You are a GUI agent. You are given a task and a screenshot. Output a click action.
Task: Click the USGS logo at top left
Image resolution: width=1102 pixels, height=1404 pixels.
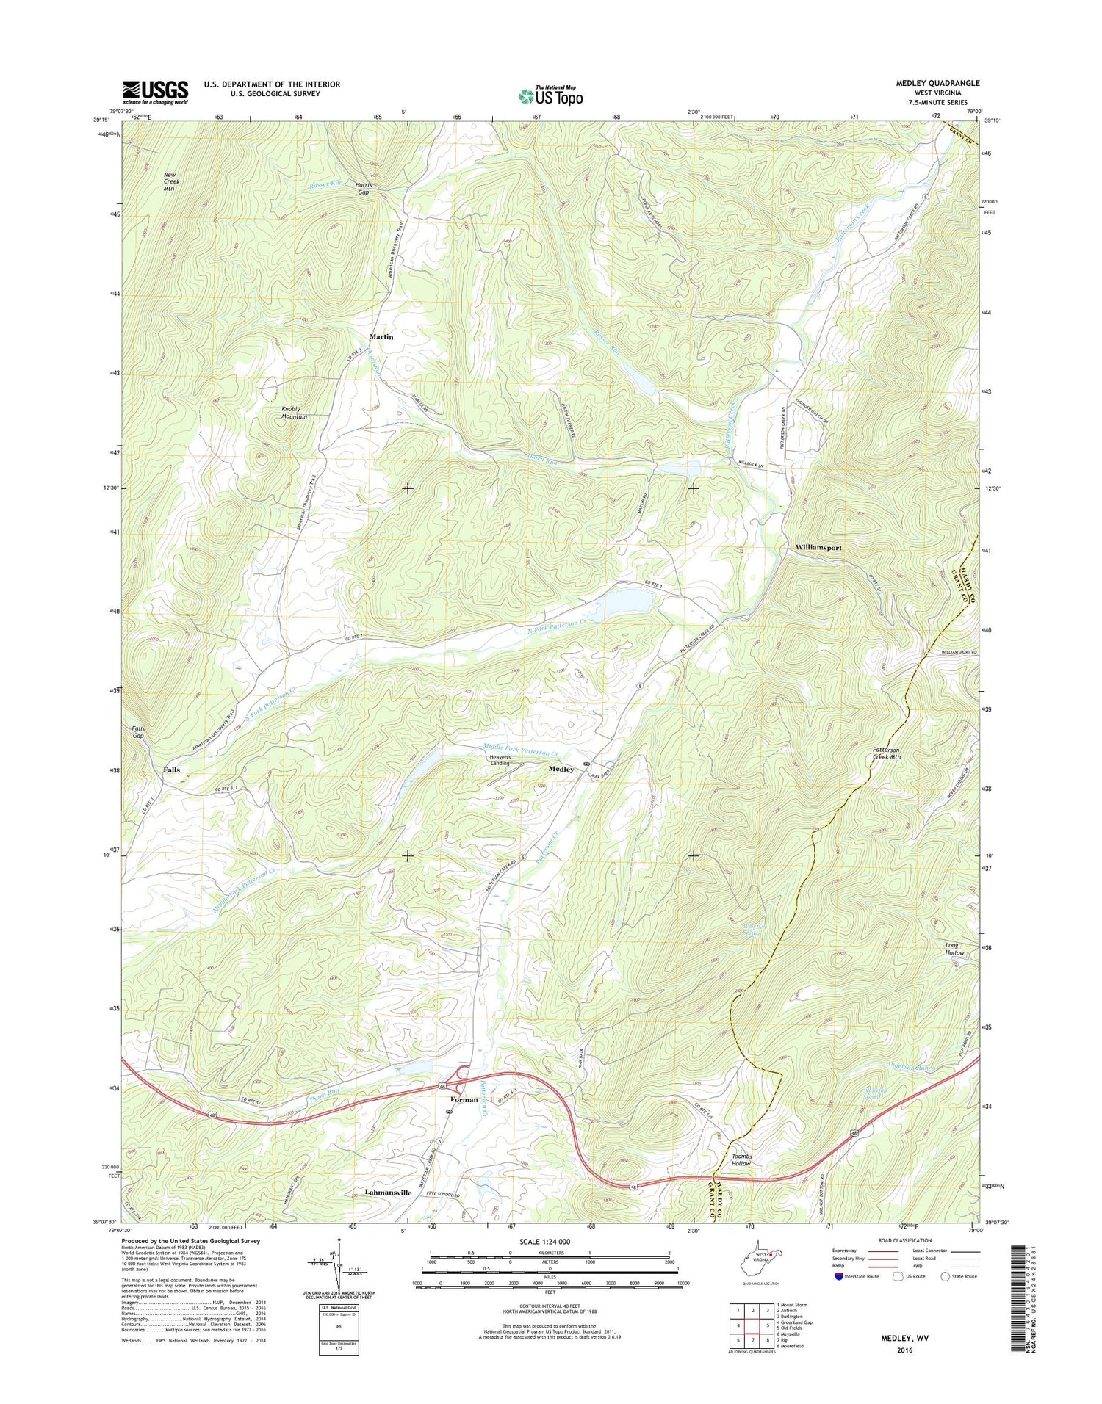pos(155,92)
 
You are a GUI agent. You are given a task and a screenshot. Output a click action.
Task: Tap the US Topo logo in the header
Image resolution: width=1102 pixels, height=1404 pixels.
pos(551,95)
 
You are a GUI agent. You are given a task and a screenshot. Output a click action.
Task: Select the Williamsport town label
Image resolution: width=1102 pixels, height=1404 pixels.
pos(818,548)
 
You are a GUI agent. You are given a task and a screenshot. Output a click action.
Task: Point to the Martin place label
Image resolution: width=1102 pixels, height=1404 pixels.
pos(381,337)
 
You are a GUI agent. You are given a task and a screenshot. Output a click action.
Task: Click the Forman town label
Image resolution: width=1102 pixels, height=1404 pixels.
pos(464,1099)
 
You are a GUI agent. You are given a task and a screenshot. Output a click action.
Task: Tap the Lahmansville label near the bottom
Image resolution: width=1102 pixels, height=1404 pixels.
pos(388,1193)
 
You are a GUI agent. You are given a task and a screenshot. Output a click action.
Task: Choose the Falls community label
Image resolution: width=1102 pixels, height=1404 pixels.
pos(171,770)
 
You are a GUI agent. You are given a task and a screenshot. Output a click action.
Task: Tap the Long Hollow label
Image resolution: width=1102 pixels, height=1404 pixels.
pos(954,949)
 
